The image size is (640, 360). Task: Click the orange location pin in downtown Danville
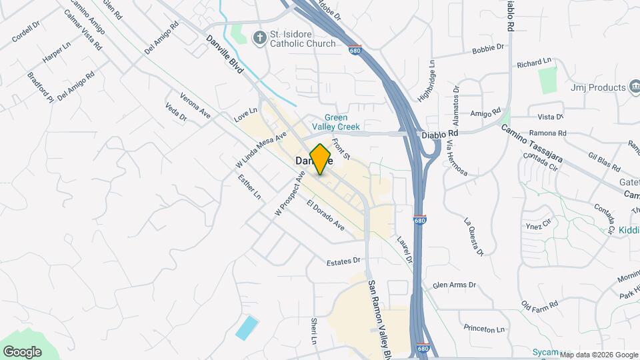[321, 159]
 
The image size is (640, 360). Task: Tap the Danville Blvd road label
[225, 54]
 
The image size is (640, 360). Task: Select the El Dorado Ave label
[326, 216]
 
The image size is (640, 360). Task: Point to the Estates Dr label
[343, 262]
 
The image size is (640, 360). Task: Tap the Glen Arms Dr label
[455, 285]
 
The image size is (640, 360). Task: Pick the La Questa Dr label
[473, 237]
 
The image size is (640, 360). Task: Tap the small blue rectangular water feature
[246, 327]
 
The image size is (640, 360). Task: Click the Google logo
[22, 351]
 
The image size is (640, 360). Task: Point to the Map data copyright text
[598, 355]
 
